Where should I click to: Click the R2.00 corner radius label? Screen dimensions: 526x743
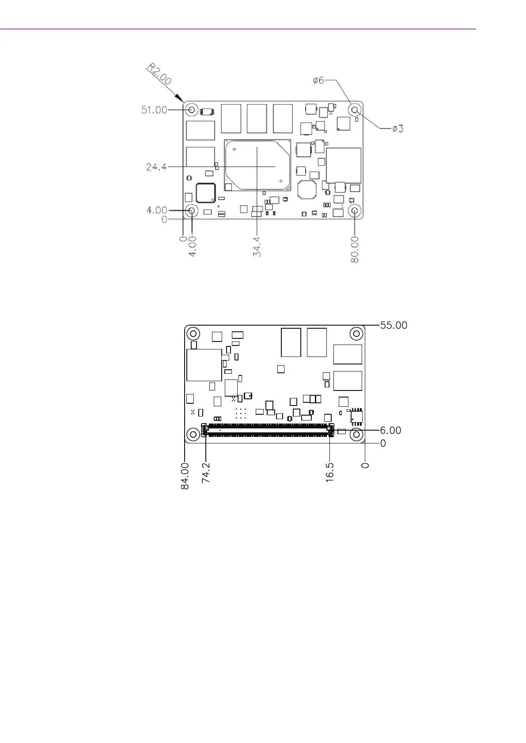coord(159,74)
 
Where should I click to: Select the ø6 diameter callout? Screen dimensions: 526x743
coord(318,80)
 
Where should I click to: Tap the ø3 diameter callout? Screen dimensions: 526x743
coord(398,128)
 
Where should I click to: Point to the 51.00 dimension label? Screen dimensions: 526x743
coord(154,110)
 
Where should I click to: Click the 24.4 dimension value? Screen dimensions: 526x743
coord(156,166)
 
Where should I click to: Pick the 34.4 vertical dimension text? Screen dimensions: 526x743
coord(257,247)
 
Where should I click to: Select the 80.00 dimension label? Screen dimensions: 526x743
coord(355,249)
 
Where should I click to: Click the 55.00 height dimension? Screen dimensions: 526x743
coord(394,325)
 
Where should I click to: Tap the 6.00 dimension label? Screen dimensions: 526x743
coord(390,430)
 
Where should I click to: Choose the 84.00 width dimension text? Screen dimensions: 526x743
coord(185,476)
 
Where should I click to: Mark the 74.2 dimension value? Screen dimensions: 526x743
coord(205,473)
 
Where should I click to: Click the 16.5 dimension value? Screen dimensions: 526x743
coord(329,473)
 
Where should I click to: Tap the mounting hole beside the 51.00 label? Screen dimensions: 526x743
coord(192,110)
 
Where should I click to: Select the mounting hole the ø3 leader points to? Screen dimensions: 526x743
coord(355,110)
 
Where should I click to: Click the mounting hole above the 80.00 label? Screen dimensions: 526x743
coord(355,210)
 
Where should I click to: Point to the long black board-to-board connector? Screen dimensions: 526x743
coord(268,430)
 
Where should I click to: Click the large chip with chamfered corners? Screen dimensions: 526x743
coord(257,165)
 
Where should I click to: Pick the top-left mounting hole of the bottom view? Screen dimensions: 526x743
coord(193,334)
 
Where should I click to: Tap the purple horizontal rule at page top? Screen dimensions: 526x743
coord(238,29)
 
